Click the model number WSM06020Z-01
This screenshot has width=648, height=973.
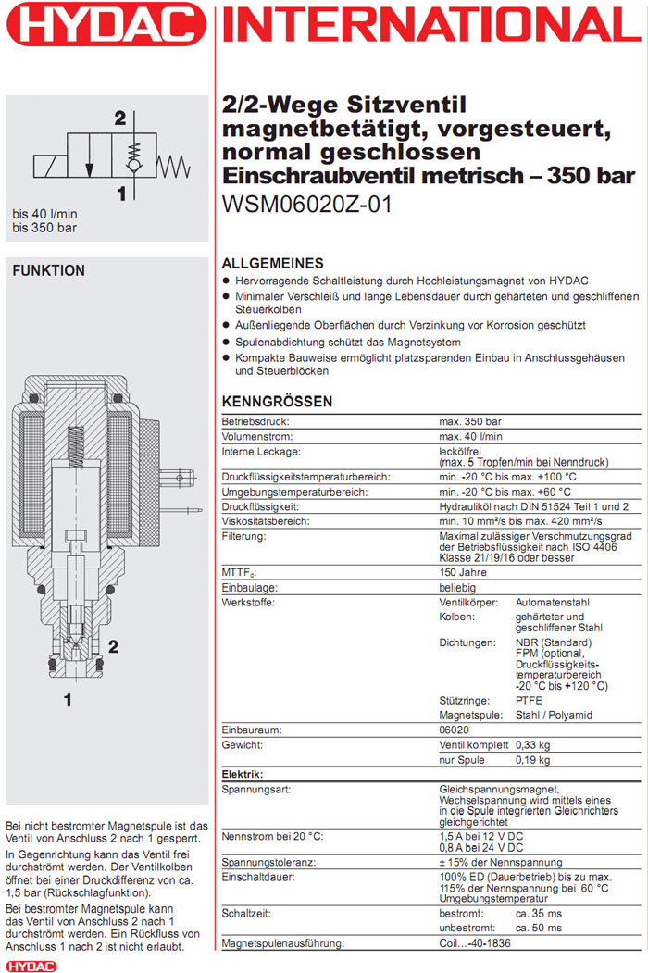click(x=307, y=204)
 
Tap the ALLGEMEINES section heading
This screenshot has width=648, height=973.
click(x=272, y=263)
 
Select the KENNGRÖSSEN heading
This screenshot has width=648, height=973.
click(x=277, y=402)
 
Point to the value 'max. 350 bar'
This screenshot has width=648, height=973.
click(x=470, y=420)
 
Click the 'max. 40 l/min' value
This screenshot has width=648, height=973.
click(x=470, y=435)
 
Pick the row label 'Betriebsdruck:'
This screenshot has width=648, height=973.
click(x=255, y=420)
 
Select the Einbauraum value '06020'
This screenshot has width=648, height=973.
click(x=454, y=730)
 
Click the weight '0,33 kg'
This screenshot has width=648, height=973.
click(x=533, y=745)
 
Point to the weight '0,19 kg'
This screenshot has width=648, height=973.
click(x=533, y=761)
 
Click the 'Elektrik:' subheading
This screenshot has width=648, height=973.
click(x=243, y=775)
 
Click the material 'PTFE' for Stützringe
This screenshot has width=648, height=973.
click(x=530, y=701)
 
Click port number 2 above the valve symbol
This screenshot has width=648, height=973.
click(x=119, y=119)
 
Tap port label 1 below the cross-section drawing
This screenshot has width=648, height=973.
click(x=67, y=701)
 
